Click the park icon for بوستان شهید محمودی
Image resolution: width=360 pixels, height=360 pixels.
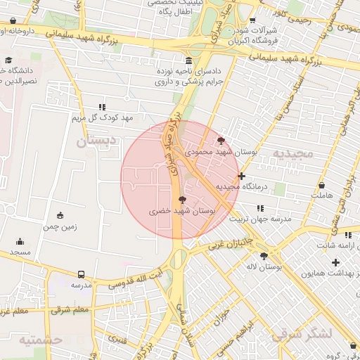(x=222, y=141)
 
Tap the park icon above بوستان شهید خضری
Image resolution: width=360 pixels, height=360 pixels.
(x=183, y=200)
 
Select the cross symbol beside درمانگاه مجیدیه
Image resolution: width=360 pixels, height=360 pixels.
(x=242, y=176)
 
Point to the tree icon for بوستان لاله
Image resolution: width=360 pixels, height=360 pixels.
(x=264, y=256)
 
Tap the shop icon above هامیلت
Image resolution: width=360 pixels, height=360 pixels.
(x=322, y=186)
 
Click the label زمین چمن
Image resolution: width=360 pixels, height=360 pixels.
(x=60, y=227)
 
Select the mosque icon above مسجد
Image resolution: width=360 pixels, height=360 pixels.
(x=20, y=240)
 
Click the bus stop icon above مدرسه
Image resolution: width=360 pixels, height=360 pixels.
(x=81, y=274)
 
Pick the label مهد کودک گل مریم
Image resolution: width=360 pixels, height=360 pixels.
(x=103, y=117)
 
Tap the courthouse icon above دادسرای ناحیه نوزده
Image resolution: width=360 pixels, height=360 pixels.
(x=188, y=60)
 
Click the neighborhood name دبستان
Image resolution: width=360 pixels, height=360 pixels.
(x=94, y=141)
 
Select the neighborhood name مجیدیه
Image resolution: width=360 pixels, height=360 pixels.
(x=290, y=153)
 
